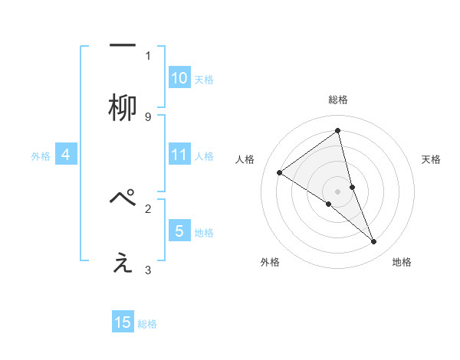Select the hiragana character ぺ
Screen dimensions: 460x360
point(123,198)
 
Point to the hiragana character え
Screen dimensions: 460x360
point(123,263)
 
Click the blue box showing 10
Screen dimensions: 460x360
point(179,78)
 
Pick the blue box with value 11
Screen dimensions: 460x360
point(179,155)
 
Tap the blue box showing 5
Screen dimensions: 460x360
point(179,231)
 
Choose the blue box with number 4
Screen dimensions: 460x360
point(66,155)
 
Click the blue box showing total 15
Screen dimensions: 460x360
point(123,322)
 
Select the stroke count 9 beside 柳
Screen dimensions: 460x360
point(148,117)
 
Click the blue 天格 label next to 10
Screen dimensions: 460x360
point(204,79)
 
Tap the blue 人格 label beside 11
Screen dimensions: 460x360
point(204,156)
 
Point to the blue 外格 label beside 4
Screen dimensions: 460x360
point(41,156)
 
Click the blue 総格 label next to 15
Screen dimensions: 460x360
point(147,324)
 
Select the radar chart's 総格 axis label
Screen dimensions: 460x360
point(338,100)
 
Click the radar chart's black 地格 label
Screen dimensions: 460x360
point(402,262)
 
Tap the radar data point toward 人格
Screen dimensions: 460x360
point(280,173)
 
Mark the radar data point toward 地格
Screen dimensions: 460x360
point(374,241)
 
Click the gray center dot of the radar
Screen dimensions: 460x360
point(338,191)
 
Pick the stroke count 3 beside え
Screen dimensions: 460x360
point(148,270)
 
